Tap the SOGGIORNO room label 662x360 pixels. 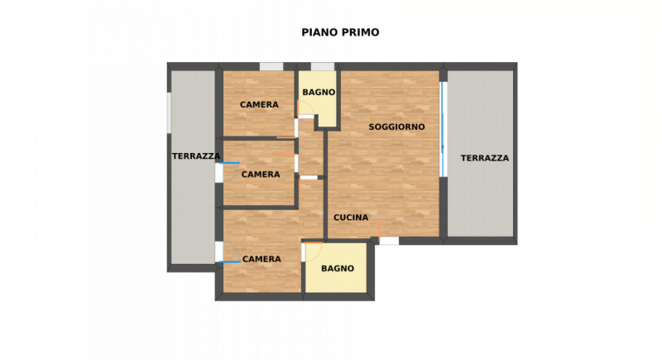(x=396, y=127)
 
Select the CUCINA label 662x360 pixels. (x=351, y=218)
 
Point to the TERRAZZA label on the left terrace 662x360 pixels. (x=196, y=156)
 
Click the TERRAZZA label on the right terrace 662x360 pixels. (x=485, y=158)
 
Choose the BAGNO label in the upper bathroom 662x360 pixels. (x=318, y=93)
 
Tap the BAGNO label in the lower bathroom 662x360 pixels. (x=338, y=268)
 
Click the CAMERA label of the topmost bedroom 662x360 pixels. (x=259, y=105)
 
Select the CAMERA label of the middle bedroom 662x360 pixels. (x=261, y=175)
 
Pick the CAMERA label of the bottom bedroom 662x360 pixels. (x=261, y=259)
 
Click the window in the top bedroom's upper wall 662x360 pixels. (x=271, y=67)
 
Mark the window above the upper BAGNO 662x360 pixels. (x=323, y=67)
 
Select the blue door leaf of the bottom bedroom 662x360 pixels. (x=230, y=262)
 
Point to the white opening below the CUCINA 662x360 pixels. (x=388, y=241)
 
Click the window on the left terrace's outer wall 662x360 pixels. (x=170, y=112)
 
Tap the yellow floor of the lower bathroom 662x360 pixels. (x=335, y=281)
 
